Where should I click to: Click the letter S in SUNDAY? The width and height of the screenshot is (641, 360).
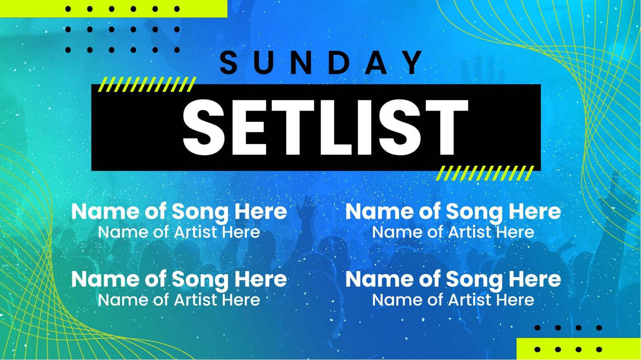[229, 62]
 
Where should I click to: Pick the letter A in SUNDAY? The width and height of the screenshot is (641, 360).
[376, 62]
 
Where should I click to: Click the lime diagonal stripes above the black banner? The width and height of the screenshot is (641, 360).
[147, 84]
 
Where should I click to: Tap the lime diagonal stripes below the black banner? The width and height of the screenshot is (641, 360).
[485, 174]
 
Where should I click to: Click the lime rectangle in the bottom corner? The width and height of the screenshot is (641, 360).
[579, 349]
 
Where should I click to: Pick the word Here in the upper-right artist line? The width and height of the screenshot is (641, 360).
[515, 232]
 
